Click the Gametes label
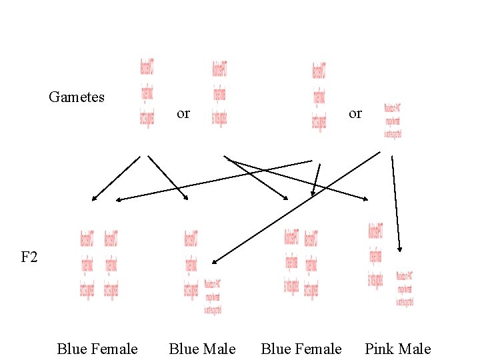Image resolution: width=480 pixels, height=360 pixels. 77,97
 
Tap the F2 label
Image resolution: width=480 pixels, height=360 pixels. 29,257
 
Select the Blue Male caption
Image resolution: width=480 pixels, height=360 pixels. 202,349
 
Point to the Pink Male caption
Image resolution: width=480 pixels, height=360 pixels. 397,349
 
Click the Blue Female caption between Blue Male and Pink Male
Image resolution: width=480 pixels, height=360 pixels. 301,349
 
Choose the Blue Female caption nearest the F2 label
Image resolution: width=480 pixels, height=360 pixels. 97,349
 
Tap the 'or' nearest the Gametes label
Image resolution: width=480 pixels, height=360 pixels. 183,114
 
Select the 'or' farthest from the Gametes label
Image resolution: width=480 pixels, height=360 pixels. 355,114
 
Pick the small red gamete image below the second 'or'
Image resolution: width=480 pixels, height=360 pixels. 393,121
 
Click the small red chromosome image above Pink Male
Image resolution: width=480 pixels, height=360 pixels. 405,288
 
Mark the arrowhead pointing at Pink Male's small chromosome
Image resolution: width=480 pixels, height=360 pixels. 399,249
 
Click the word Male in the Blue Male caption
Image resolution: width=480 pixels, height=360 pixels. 221,349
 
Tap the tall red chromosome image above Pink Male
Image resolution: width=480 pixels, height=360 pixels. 375,255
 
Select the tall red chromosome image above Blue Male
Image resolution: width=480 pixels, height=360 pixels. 191,264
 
